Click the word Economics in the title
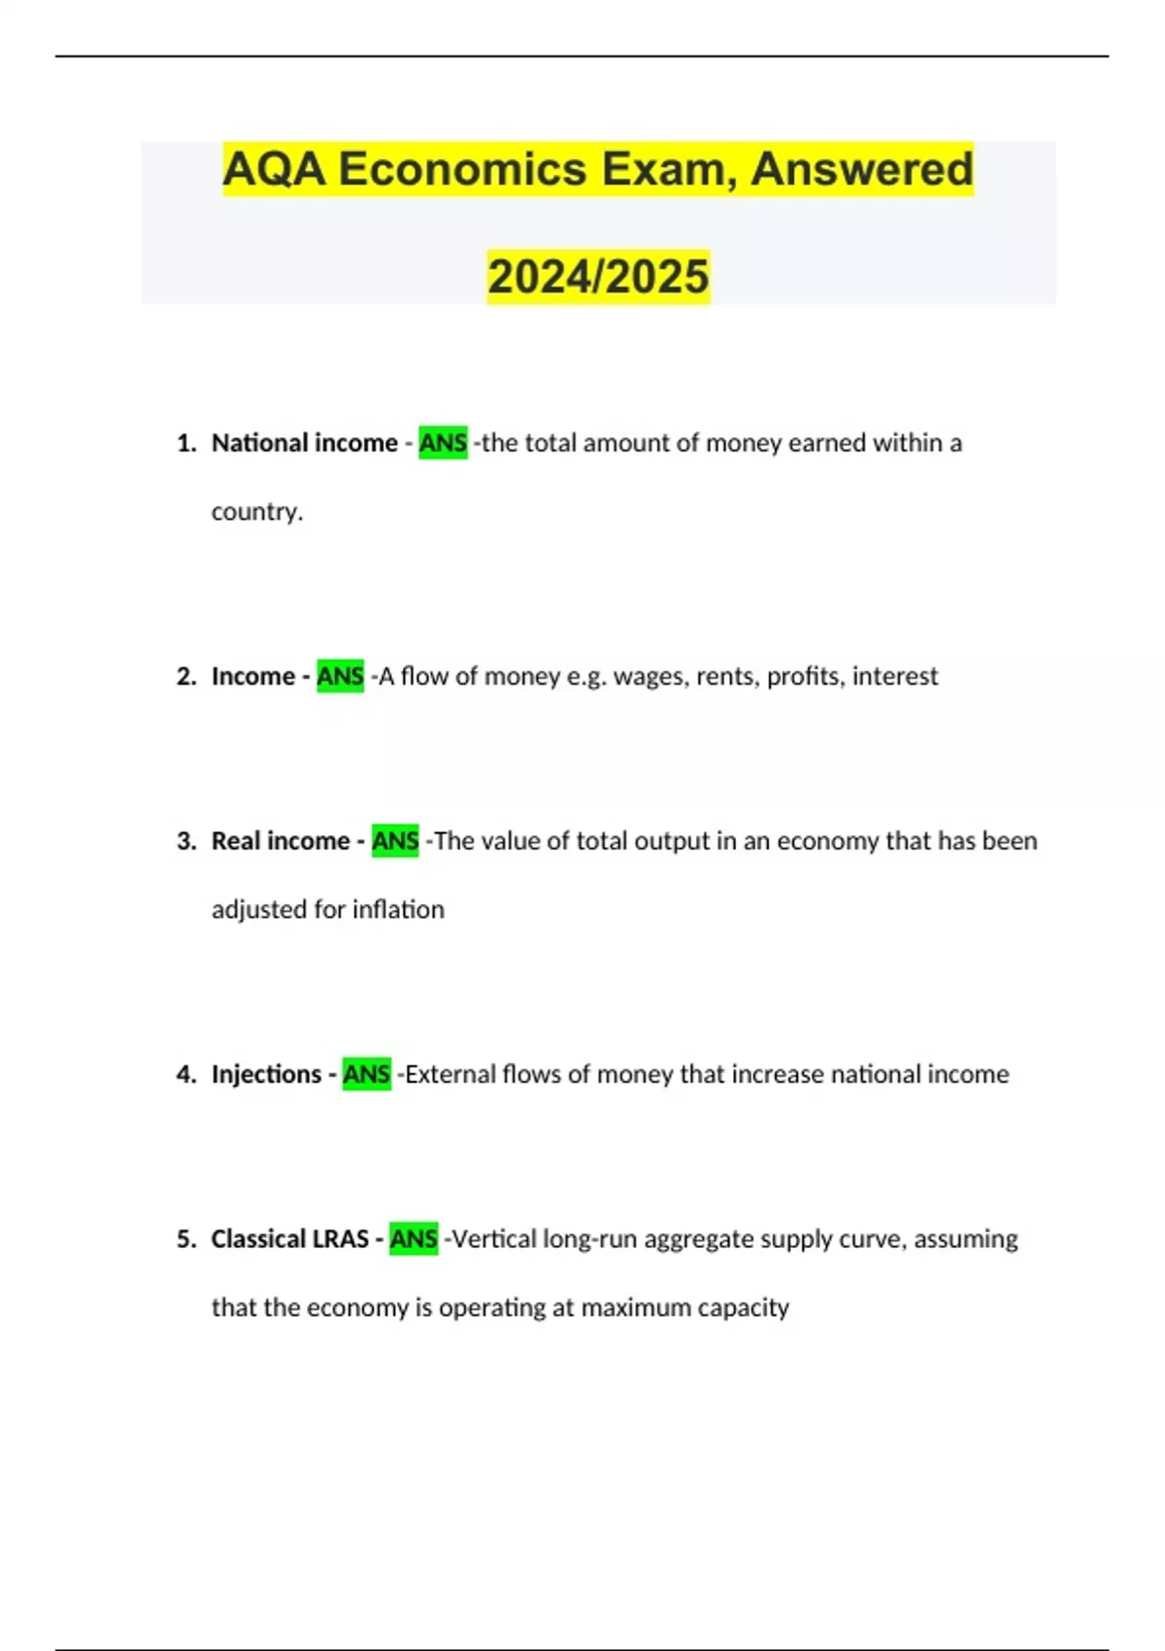462,170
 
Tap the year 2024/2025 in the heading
598,277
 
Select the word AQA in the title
274,170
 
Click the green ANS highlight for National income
443,443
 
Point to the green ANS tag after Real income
395,841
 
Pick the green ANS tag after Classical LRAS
414,1239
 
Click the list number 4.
185,1074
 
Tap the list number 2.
185,676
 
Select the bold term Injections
266,1074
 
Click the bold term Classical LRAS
289,1239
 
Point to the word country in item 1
254,512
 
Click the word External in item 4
449,1074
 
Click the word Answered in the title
861,170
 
